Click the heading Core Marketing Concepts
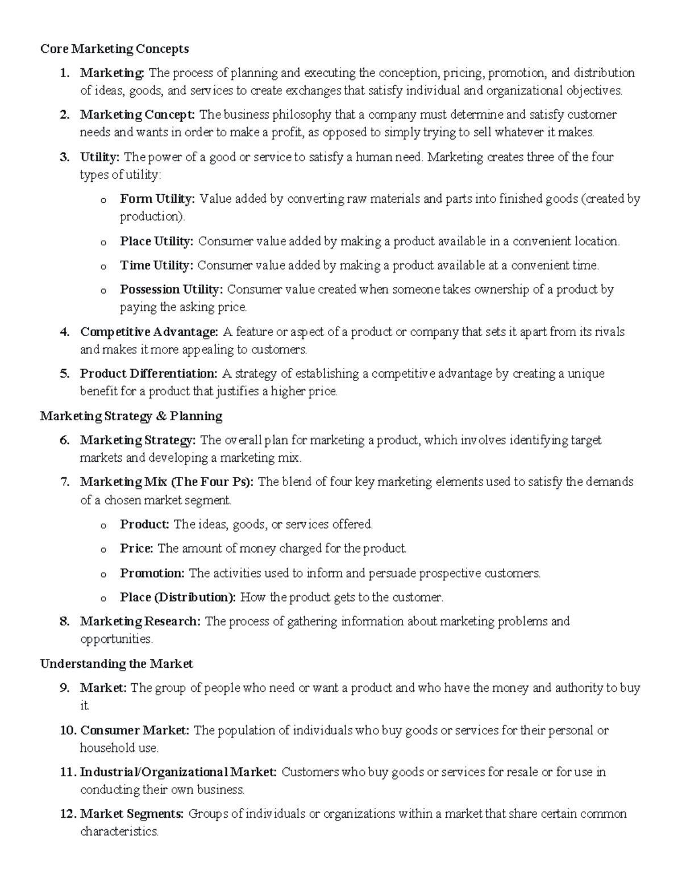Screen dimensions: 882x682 pyautogui.click(x=114, y=49)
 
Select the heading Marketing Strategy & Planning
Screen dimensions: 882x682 pyautogui.click(x=131, y=416)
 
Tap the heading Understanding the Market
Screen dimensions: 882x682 pyautogui.click(x=117, y=664)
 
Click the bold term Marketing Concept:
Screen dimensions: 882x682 pyautogui.click(x=138, y=115)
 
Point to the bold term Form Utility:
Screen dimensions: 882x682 pyautogui.click(x=157, y=199)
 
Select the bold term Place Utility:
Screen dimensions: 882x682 pyautogui.click(x=156, y=241)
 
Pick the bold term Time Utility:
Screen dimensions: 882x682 pyautogui.click(x=156, y=265)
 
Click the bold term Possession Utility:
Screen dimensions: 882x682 pyautogui.click(x=171, y=290)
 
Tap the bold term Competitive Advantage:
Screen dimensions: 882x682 pyautogui.click(x=149, y=332)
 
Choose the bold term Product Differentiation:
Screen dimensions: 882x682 pyautogui.click(x=148, y=374)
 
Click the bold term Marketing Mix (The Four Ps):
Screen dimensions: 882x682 pyautogui.click(x=167, y=482)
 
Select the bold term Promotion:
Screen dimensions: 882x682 pyautogui.click(x=152, y=573)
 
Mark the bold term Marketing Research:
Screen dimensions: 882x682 pyautogui.click(x=140, y=621)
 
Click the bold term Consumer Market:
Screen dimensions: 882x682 pyautogui.click(x=135, y=730)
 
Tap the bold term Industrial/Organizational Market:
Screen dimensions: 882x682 pyautogui.click(x=178, y=772)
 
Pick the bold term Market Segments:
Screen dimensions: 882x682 pyautogui.click(x=132, y=814)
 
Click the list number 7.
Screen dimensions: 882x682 pyautogui.click(x=65, y=482)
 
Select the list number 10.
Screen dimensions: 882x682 pyautogui.click(x=67, y=730)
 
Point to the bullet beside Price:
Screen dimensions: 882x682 pyautogui.click(x=103, y=550)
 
